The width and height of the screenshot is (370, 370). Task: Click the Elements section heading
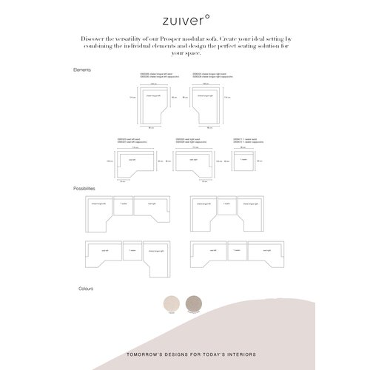(x=82, y=69)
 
